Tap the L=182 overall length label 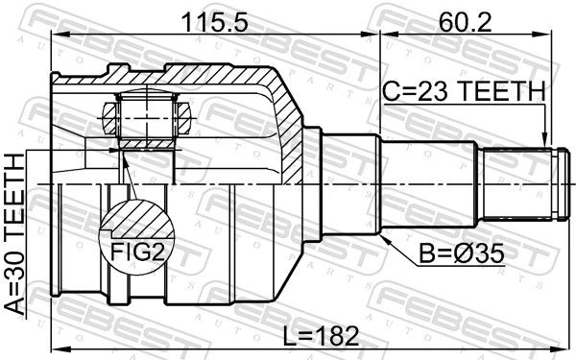tap(319, 335)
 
